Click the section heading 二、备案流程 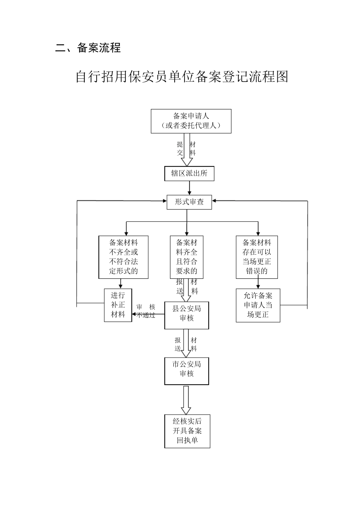88,48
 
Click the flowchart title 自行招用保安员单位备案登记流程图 181,76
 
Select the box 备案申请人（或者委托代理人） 191,121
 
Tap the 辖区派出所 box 189,173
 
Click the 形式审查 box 189,202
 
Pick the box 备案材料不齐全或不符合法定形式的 123,257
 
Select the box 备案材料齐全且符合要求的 186,257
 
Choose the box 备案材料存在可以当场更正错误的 258,257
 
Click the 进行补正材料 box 118,305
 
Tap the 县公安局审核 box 186,315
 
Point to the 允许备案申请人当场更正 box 258,305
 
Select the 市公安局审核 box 186,371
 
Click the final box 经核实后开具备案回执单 187,431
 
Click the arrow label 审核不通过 146,311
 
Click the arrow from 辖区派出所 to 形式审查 189,188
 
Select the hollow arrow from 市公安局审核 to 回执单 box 186,400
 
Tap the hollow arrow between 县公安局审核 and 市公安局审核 186,343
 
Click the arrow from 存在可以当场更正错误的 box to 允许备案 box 258,283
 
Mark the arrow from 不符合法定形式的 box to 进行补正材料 121,283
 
